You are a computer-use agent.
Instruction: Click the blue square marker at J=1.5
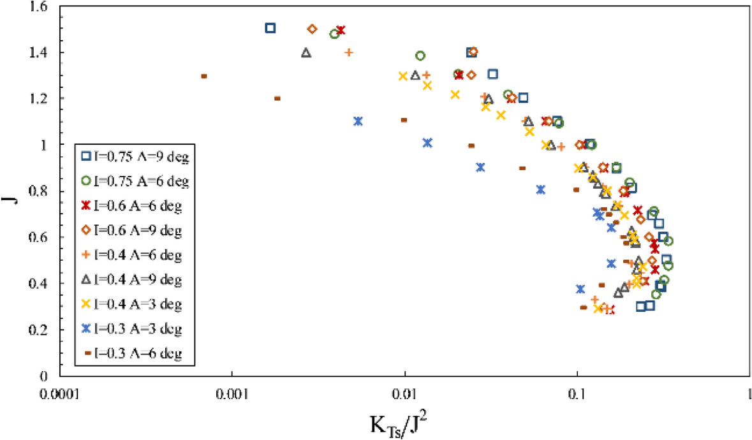(270, 28)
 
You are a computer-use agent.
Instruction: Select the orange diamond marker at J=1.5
(312, 29)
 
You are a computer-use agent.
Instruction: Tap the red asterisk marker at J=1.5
(341, 30)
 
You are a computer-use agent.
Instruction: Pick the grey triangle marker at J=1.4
(306, 53)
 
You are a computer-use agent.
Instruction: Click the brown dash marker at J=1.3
(204, 76)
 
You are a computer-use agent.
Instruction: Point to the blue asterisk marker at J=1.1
(358, 121)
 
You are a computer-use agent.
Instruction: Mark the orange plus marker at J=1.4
(349, 52)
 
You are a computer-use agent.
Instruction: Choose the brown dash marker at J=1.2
(277, 98)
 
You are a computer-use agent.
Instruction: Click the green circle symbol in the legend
(85, 181)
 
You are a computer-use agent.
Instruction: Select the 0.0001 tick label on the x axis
(60, 393)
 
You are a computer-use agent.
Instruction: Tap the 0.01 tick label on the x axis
(405, 393)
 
